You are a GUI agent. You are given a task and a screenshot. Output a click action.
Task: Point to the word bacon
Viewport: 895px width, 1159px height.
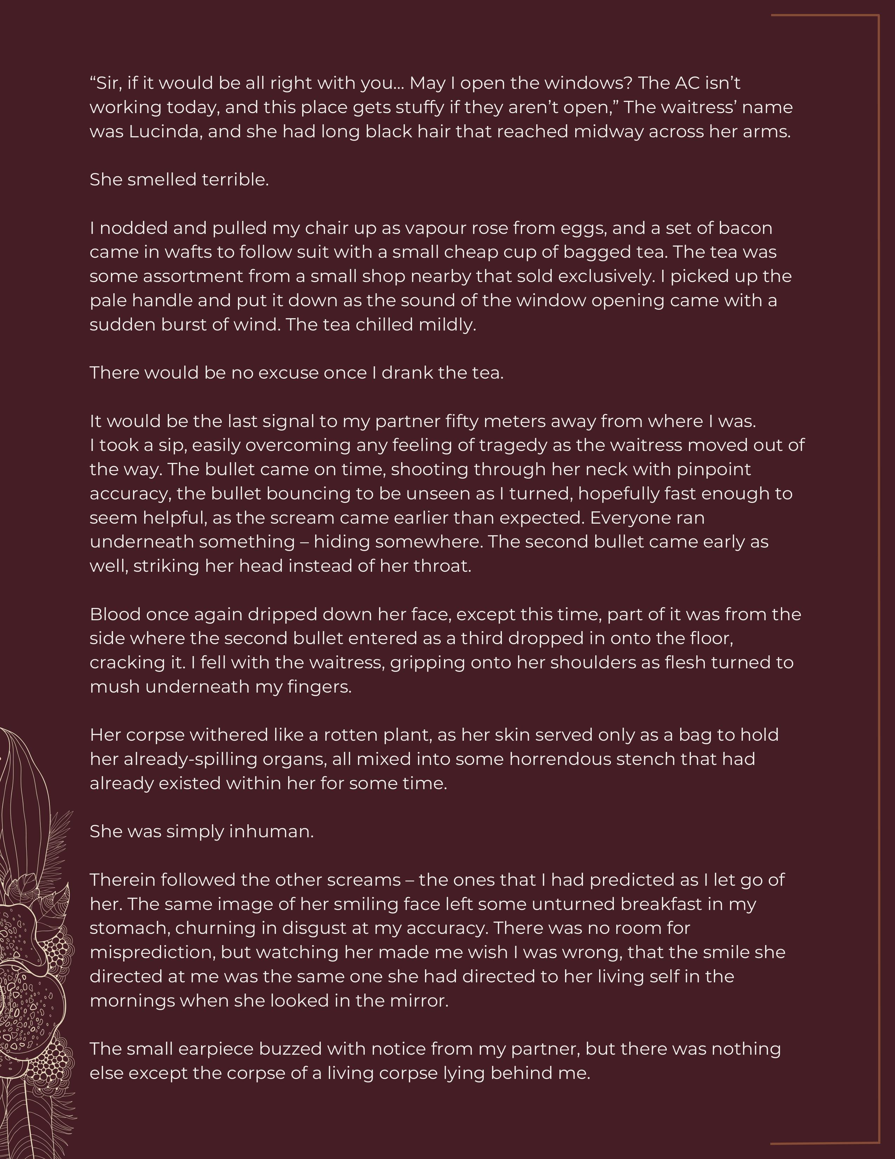tap(745, 228)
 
